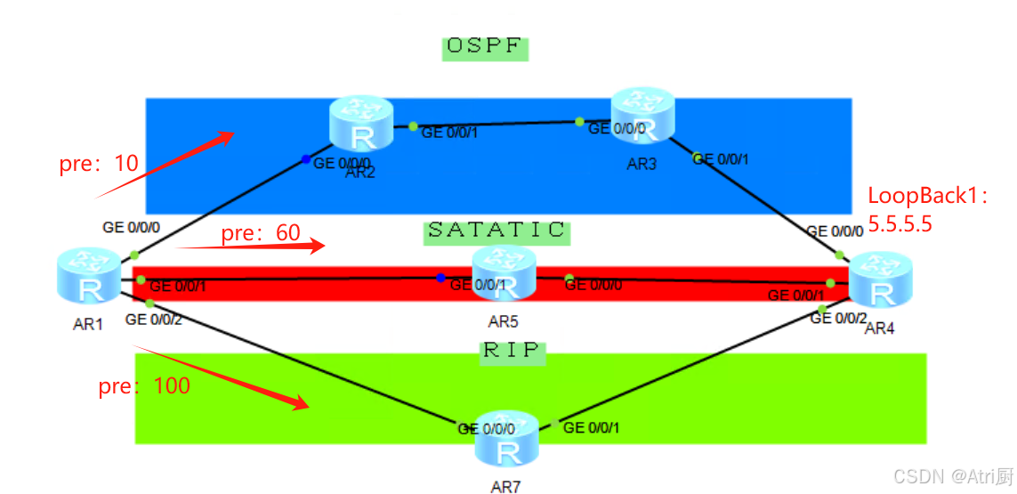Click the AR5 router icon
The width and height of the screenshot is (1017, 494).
tap(504, 274)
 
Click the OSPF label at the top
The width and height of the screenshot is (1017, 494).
tap(485, 47)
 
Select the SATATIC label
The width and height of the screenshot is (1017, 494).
tap(496, 231)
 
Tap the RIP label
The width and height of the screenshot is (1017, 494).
tap(512, 351)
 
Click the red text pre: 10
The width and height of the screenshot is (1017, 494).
tap(99, 164)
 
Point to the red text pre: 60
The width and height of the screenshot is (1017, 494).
tap(261, 233)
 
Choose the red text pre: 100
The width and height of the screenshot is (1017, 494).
tap(144, 386)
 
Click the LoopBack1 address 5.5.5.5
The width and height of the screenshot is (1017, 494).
tap(900, 224)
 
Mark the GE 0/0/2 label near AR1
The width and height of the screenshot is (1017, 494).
tap(154, 320)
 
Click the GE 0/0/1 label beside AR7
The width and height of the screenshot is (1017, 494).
tap(592, 428)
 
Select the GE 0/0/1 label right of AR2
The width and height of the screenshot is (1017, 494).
tap(450, 133)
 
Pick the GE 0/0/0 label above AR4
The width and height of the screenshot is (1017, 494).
tap(835, 231)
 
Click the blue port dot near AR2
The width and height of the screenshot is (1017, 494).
tap(306, 159)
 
